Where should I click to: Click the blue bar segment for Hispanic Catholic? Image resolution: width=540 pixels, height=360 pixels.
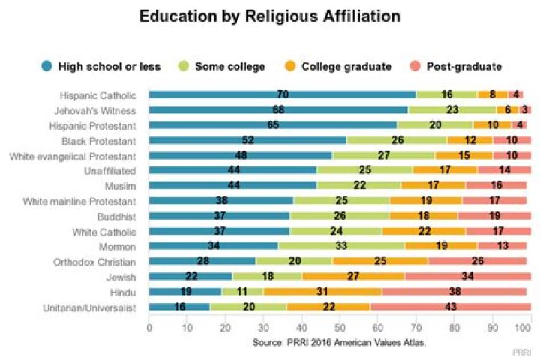(282, 94)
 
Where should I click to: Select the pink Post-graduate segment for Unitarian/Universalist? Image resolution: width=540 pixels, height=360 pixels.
(450, 306)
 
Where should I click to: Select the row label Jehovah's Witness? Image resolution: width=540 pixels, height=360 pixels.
(100, 109)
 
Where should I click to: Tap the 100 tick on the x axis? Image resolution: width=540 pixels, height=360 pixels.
(529, 328)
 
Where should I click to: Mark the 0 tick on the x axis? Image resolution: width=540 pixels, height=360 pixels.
(149, 328)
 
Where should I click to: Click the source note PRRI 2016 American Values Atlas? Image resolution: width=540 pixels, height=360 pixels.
(339, 341)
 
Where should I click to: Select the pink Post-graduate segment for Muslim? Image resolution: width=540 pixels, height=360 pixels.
(495, 185)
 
